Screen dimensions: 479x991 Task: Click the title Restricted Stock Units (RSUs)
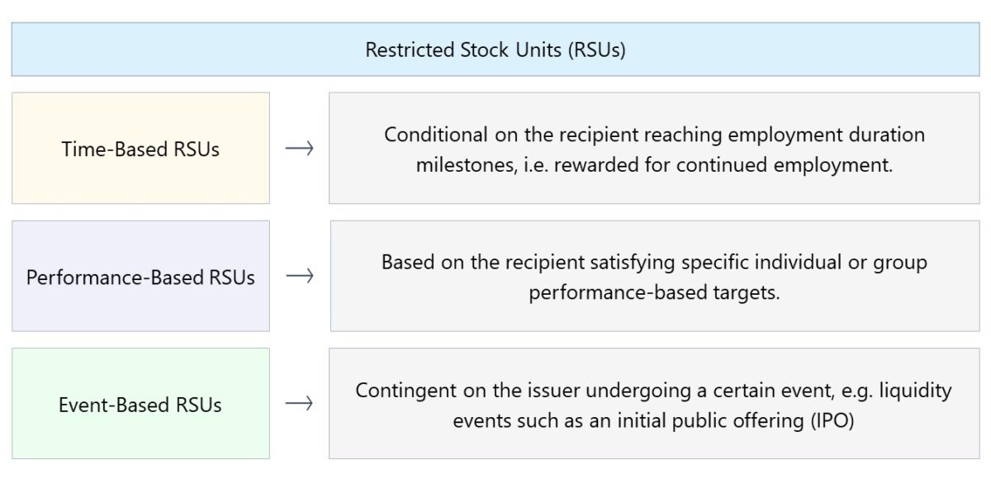(x=495, y=50)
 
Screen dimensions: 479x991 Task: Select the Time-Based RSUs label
(x=140, y=149)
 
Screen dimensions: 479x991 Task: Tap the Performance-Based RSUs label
(x=140, y=277)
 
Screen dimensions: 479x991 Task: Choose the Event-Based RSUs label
(x=140, y=405)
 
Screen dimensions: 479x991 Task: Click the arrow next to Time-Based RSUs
(x=299, y=149)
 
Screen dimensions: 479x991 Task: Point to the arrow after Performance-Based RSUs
(x=299, y=277)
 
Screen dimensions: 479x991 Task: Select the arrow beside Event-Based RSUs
(x=299, y=404)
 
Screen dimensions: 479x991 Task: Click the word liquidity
(x=918, y=390)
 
